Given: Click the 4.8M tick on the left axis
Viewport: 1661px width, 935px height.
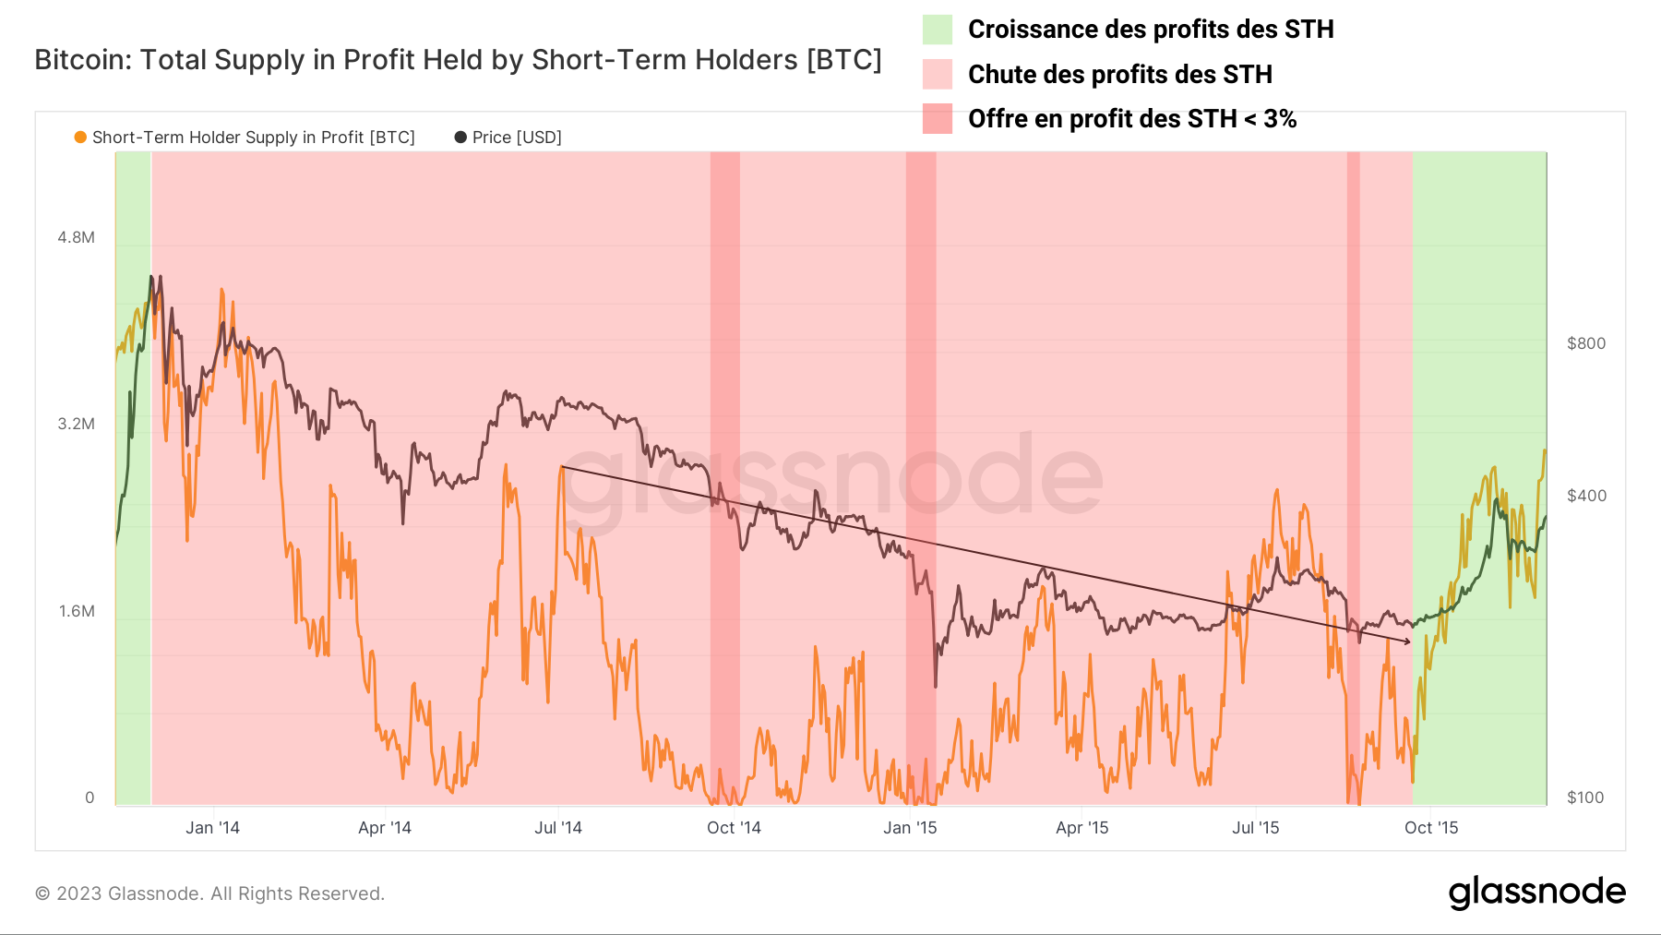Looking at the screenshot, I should pyautogui.click(x=76, y=237).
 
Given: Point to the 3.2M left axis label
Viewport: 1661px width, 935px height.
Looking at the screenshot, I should pyautogui.click(x=76, y=424).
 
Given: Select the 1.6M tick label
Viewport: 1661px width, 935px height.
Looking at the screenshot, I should pyautogui.click(x=77, y=611).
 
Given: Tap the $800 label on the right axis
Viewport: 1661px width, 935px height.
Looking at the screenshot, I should pyautogui.click(x=1586, y=343).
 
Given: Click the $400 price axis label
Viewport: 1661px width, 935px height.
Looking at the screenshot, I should pyautogui.click(x=1586, y=496).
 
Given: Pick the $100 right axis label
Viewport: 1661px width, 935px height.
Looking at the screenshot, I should pyautogui.click(x=1585, y=797).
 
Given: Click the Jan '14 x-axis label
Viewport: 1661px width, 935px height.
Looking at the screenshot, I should pyautogui.click(x=212, y=828).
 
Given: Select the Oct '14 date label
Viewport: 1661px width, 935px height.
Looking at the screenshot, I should pyautogui.click(x=734, y=828).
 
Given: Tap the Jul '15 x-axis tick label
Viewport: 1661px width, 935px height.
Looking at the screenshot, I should pyautogui.click(x=1255, y=828).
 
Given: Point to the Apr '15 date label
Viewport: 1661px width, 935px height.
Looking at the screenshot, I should pyautogui.click(x=1081, y=828).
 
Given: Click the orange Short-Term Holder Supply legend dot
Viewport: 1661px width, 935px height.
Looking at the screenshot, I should pyautogui.click(x=80, y=137).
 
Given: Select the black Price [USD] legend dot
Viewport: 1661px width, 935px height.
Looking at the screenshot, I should pyautogui.click(x=460, y=137).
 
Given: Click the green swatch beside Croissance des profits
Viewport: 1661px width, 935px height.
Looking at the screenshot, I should pyautogui.click(x=937, y=30).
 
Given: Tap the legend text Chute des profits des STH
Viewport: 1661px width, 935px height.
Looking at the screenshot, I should pyautogui.click(x=1119, y=74).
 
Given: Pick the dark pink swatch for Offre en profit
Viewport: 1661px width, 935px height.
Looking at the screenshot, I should pyautogui.click(x=937, y=119).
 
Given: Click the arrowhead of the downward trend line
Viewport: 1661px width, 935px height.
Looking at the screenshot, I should pyautogui.click(x=1407, y=641).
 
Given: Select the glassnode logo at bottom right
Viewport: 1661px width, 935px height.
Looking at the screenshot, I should pyautogui.click(x=1536, y=893).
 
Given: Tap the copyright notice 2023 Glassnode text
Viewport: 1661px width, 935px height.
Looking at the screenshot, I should pyautogui.click(x=209, y=893).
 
